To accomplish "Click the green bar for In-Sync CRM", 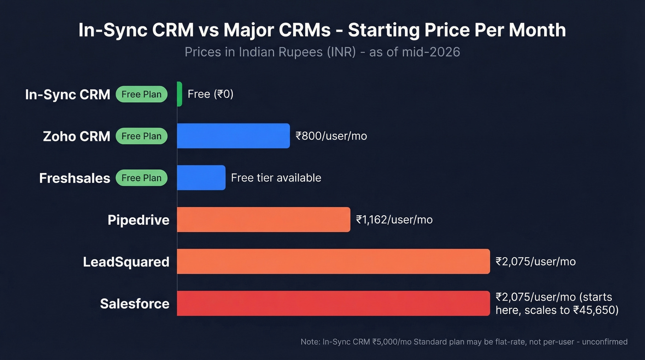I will pyautogui.click(x=180, y=94).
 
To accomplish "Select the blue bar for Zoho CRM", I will pyautogui.click(x=233, y=136).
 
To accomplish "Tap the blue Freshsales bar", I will pyautogui.click(x=201, y=178).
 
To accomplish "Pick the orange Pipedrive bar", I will pyautogui.click(x=264, y=220).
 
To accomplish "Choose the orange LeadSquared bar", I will pyautogui.click(x=333, y=261).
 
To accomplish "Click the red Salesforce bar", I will pyautogui.click(x=333, y=303).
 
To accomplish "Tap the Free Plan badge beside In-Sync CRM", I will pyautogui.click(x=141, y=94).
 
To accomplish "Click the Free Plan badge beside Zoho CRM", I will pyautogui.click(x=141, y=136).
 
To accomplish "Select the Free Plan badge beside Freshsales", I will pyautogui.click(x=141, y=178).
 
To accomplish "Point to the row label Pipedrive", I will pyautogui.click(x=138, y=220).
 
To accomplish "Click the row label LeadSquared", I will pyautogui.click(x=126, y=262).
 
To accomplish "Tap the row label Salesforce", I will pyautogui.click(x=135, y=304).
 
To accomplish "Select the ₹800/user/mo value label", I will pyautogui.click(x=331, y=136).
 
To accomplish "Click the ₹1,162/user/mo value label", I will pyautogui.click(x=394, y=220).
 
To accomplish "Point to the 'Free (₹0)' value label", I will pyautogui.click(x=211, y=94).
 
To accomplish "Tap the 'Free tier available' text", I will pyautogui.click(x=276, y=178).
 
